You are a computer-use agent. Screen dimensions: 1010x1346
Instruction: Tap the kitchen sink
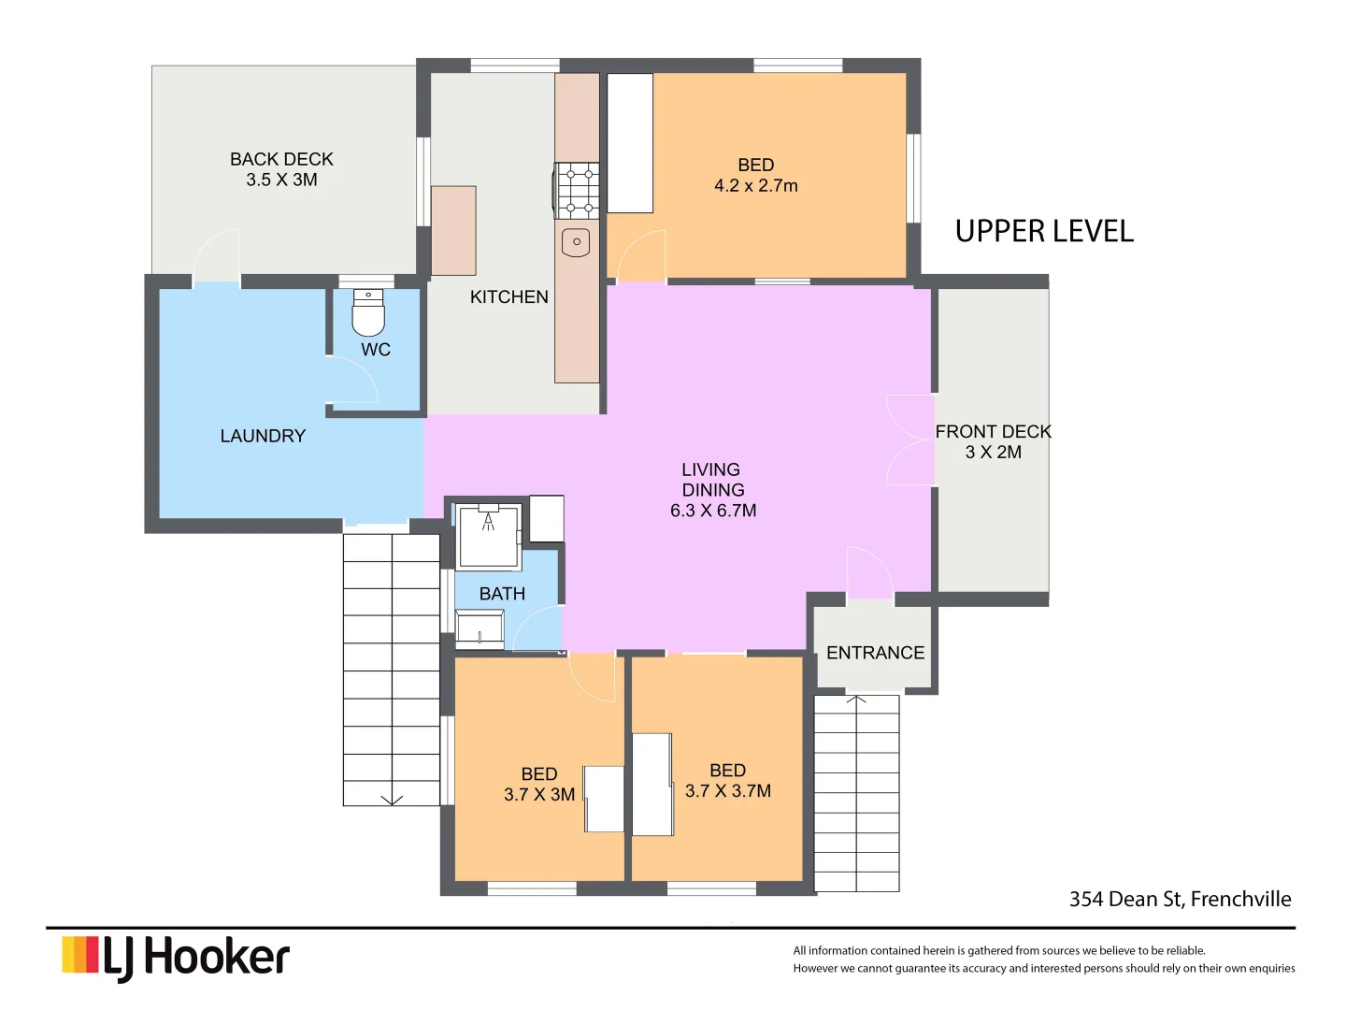tap(576, 242)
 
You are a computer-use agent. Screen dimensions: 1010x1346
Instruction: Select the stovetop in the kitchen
tap(577, 190)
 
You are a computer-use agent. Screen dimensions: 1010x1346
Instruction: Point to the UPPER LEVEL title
tap(1044, 231)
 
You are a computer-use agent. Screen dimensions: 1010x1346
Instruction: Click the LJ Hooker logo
tap(176, 958)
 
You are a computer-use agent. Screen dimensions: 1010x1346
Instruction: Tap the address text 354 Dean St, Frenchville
tap(1180, 899)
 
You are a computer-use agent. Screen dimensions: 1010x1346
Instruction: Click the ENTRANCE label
tap(875, 653)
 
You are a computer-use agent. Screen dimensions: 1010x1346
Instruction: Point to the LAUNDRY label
tap(263, 436)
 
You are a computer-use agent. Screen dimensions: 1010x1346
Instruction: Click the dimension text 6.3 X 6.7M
tap(713, 511)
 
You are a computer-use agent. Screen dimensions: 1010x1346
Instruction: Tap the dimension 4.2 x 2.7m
tap(755, 185)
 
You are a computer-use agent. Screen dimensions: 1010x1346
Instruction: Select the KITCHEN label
tap(508, 296)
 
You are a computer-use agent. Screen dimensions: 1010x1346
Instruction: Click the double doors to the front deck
tap(909, 440)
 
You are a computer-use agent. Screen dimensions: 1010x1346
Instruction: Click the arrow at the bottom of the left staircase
tap(392, 798)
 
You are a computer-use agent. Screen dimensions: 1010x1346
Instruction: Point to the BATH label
tap(502, 594)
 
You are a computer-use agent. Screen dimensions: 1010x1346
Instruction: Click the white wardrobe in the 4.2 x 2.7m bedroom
tap(630, 143)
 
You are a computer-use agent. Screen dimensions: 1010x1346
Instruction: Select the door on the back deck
tap(217, 254)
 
